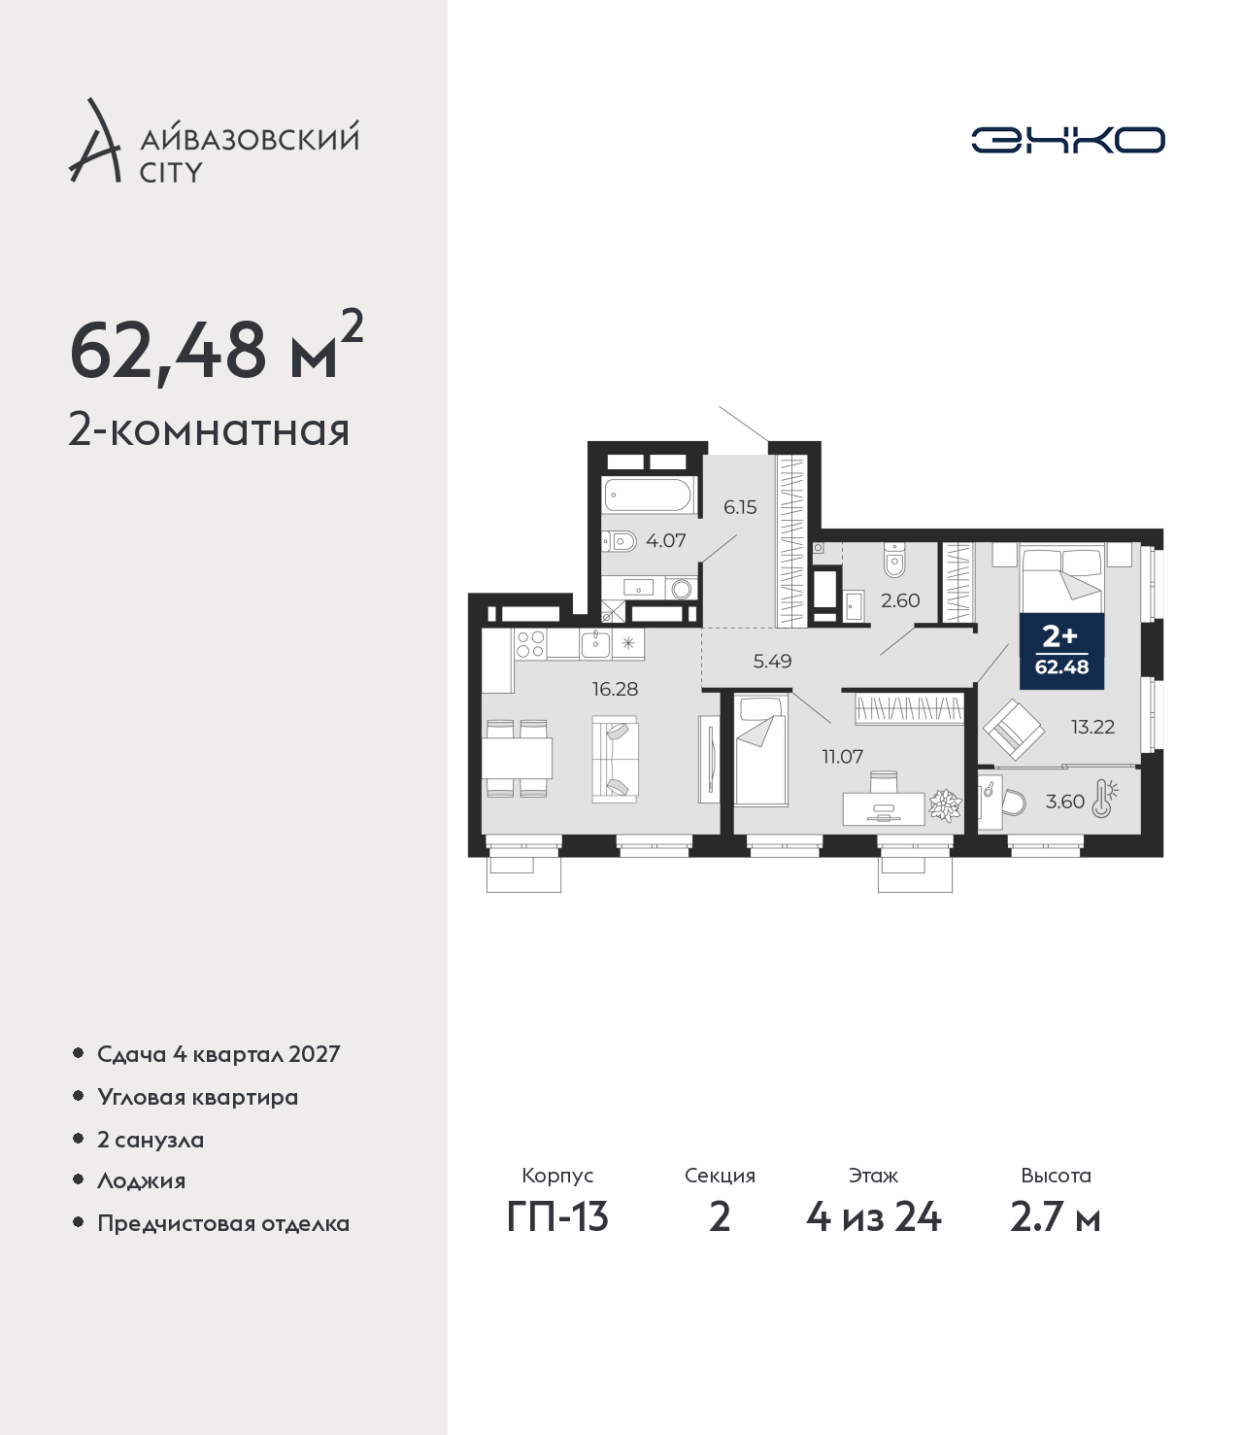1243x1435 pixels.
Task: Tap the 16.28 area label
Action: (614, 689)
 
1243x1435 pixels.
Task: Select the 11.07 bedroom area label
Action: (843, 756)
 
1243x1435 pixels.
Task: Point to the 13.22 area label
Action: (1092, 727)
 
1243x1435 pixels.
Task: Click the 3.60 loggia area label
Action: (1064, 802)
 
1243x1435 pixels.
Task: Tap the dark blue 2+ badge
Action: (1061, 651)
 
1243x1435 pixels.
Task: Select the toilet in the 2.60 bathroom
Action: (894, 561)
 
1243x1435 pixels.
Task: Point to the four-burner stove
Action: (530, 643)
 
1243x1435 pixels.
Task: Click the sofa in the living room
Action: (615, 759)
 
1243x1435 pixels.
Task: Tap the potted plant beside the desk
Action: (945, 805)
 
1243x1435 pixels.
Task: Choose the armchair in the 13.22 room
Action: (1013, 730)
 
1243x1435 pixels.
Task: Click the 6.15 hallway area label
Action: (740, 507)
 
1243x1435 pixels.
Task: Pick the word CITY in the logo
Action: (171, 172)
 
